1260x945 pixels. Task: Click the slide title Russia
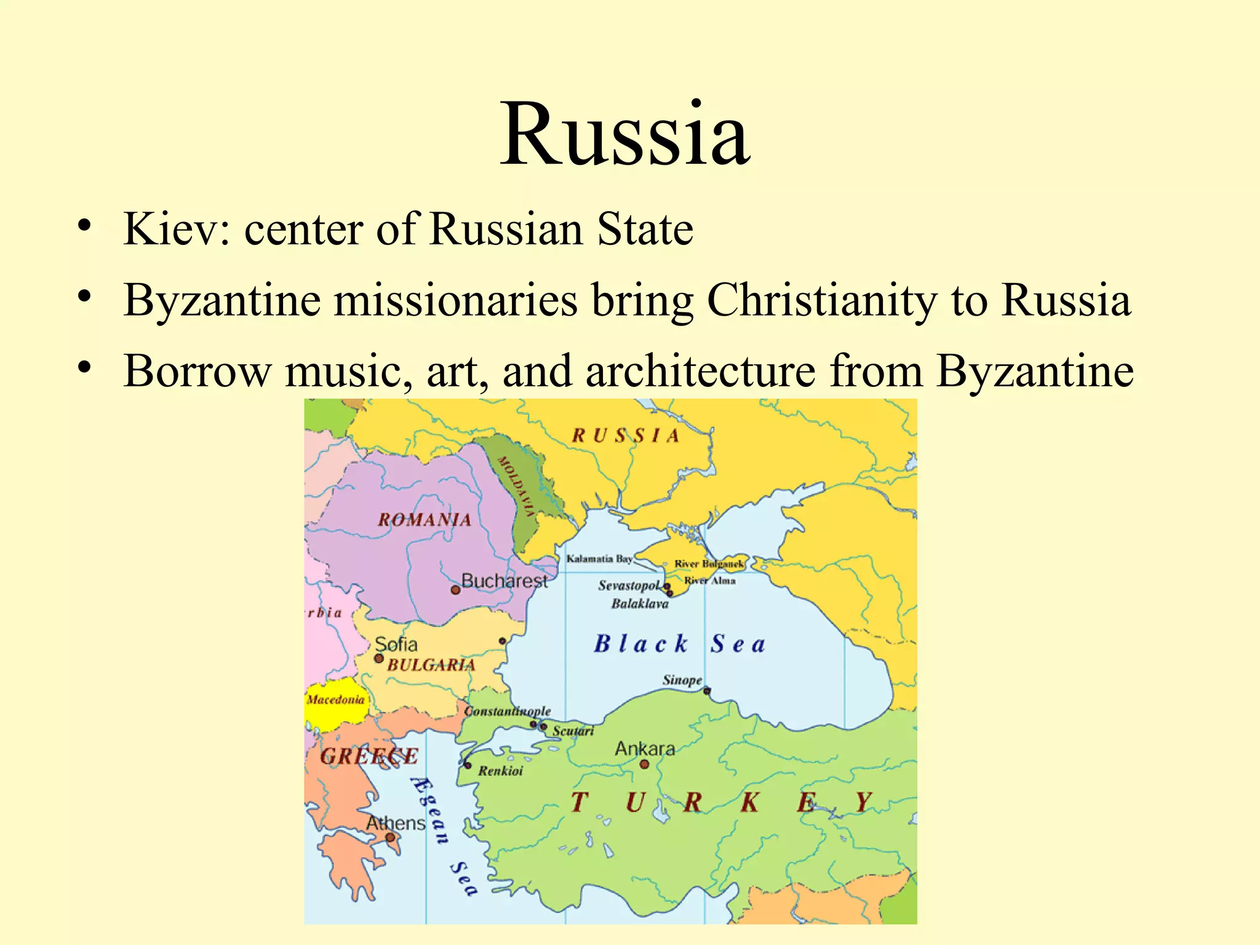pyautogui.click(x=624, y=134)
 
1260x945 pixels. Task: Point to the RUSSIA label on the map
pyautogui.click(x=626, y=436)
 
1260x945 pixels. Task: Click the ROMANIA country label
pyautogui.click(x=425, y=520)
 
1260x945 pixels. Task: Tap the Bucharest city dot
pyautogui.click(x=455, y=590)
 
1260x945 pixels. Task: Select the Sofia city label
pyautogui.click(x=396, y=644)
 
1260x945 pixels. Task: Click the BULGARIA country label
pyautogui.click(x=431, y=665)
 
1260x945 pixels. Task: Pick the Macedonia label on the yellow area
pyautogui.click(x=335, y=700)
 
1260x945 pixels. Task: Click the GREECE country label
pyautogui.click(x=369, y=756)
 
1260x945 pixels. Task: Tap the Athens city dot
pyautogui.click(x=390, y=837)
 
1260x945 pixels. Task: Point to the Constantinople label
pyautogui.click(x=508, y=711)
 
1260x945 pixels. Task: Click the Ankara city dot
pyautogui.click(x=644, y=764)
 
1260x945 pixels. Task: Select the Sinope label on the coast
pyautogui.click(x=682, y=680)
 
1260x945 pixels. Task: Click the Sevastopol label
pyautogui.click(x=629, y=585)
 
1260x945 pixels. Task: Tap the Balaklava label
pyautogui.click(x=640, y=604)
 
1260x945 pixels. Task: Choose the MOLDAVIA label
pyautogui.click(x=516, y=487)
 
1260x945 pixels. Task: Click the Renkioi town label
pyautogui.click(x=501, y=771)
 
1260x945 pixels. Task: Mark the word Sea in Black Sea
pyautogui.click(x=738, y=644)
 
